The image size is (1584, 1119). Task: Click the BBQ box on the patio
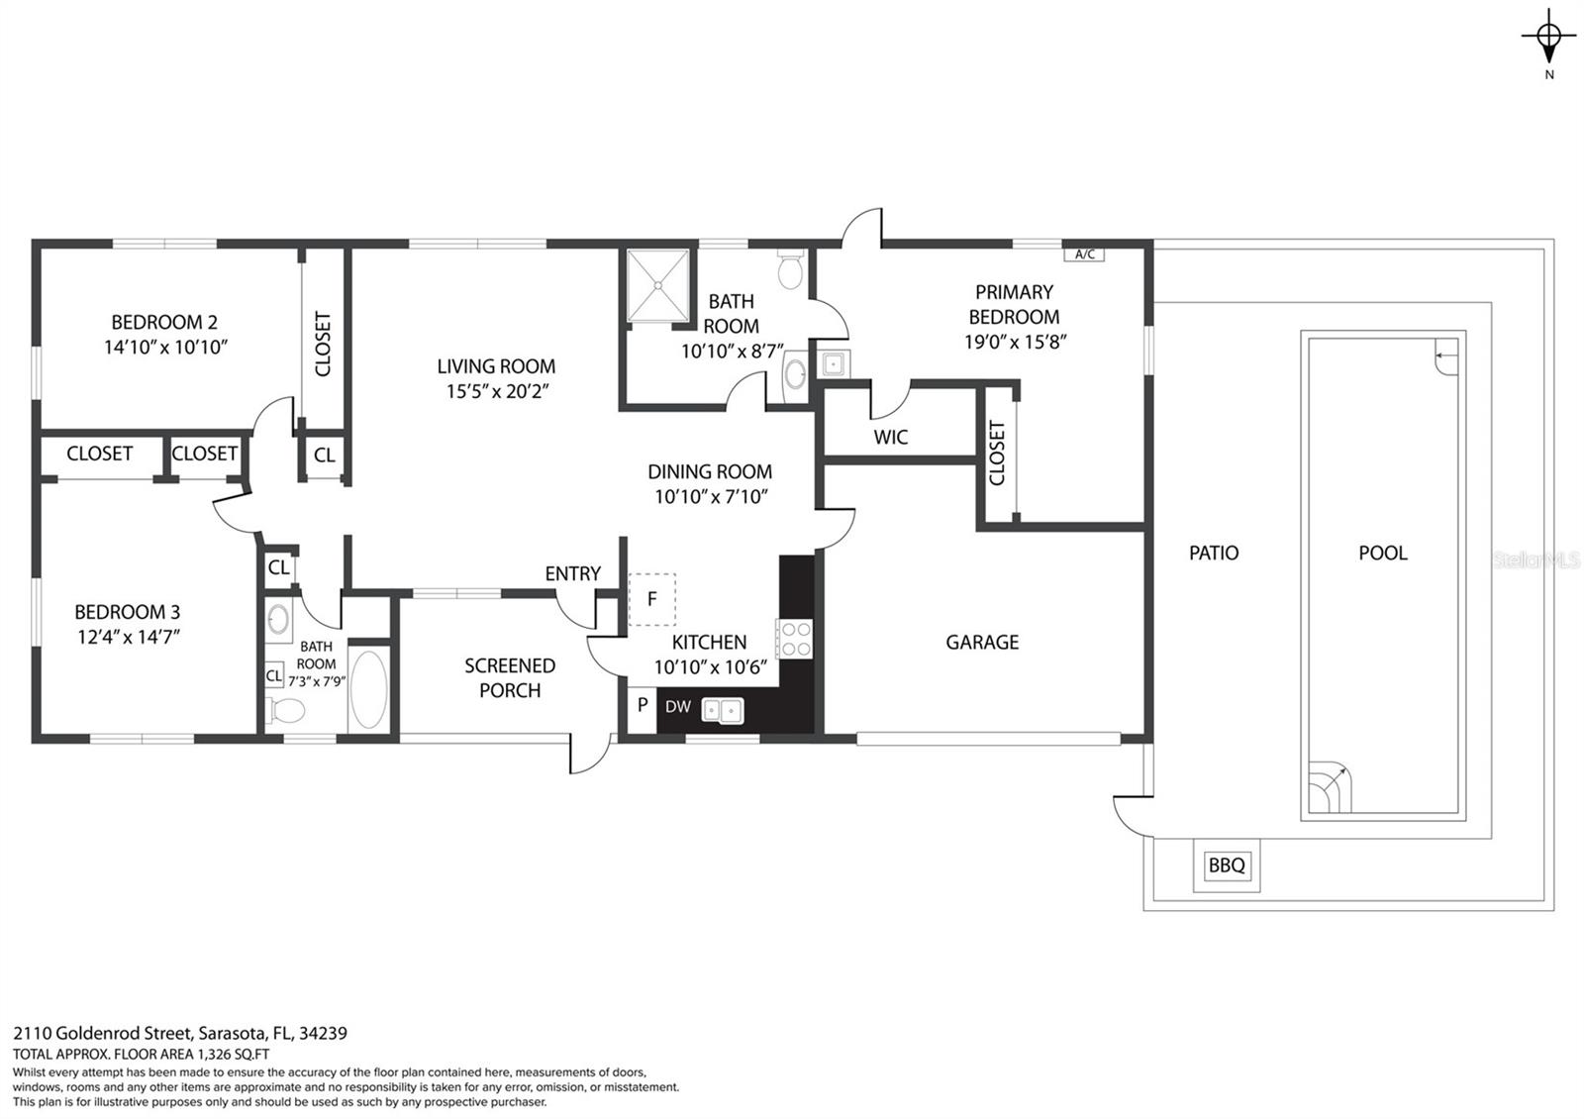coord(1227,865)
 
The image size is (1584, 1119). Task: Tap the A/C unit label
coord(1084,254)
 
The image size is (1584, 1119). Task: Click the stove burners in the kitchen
coord(794,639)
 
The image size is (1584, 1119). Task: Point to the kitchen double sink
coord(722,710)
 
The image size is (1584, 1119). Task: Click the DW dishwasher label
coord(677,707)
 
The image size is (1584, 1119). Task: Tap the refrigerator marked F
coord(652,599)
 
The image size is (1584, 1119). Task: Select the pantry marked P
coord(643,710)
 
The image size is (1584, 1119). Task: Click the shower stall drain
coord(657,285)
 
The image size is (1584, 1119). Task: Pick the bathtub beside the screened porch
coord(368,689)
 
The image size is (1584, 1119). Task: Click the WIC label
coord(890,437)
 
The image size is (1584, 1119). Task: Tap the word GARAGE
coord(982,643)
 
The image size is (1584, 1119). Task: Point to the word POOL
coord(1382,554)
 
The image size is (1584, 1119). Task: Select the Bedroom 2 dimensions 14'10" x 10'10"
coord(165,348)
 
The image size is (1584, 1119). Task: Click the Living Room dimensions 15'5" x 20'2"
coord(497,391)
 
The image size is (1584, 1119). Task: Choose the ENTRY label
coord(573,573)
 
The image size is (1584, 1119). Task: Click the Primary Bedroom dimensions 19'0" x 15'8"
coord(1015,342)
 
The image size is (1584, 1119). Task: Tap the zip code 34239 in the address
coord(323,1034)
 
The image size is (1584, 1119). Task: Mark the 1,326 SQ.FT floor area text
coord(234,1054)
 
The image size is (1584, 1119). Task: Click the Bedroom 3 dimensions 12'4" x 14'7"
coord(128,638)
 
